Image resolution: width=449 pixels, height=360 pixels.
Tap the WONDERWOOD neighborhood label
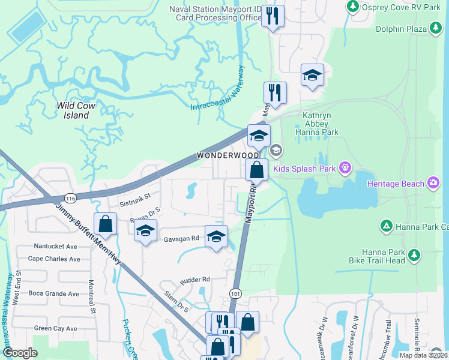pos(222,155)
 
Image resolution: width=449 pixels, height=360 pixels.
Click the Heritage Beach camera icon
pos(433,182)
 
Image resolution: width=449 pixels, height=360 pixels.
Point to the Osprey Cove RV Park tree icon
pos(352,7)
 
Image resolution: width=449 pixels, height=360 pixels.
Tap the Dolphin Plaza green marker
pos(436,28)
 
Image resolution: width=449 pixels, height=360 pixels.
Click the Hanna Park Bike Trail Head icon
pos(414,256)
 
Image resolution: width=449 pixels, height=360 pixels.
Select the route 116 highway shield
pos(71,197)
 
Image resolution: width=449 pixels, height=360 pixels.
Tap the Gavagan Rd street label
pos(182,238)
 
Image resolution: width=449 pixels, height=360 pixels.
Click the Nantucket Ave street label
pos(56,247)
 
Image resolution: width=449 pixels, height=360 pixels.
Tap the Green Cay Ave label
pos(55,328)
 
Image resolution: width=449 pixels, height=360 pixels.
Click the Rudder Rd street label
pos(194,280)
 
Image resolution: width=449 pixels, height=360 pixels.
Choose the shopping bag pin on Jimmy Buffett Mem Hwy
pos(106,224)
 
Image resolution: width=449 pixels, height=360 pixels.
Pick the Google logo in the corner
pos(20,353)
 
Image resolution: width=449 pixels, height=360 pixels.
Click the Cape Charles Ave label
pos(54,259)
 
